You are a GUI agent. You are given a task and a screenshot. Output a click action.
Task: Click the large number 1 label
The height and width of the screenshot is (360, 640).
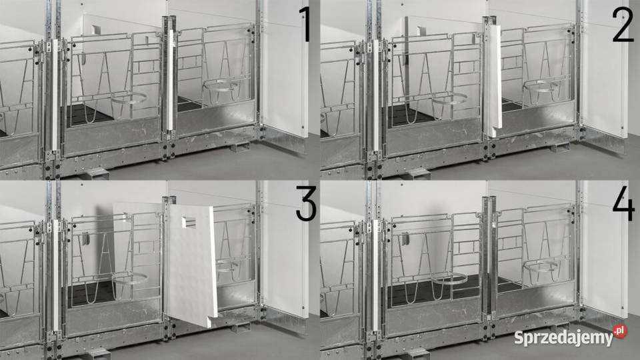pyautogui.click(x=305, y=25)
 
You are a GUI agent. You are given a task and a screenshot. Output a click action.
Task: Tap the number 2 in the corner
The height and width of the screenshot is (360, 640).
pyautogui.click(x=623, y=25)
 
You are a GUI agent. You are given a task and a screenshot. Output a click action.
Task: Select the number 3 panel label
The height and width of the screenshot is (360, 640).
pyautogui.click(x=306, y=204)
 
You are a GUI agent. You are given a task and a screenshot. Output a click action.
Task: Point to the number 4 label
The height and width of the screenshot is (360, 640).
pyautogui.click(x=623, y=205)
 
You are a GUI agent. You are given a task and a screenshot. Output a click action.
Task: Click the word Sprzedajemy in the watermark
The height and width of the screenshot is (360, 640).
pyautogui.click(x=564, y=338)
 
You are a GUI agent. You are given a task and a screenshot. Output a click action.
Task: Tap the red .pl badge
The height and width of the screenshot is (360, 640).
pyautogui.click(x=619, y=330)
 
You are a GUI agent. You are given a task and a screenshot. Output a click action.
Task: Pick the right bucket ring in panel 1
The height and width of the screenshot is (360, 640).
pyautogui.click(x=221, y=86)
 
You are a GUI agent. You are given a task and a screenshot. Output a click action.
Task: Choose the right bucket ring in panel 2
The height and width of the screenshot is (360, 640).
pyautogui.click(x=541, y=86)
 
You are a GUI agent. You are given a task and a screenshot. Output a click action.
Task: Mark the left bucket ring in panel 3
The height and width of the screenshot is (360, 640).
pyautogui.click(x=129, y=279)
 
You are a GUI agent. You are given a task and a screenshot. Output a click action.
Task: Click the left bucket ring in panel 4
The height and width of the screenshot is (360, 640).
pyautogui.click(x=449, y=279)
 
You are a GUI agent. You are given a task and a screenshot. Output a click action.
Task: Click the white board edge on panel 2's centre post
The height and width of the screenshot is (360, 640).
pyautogui.click(x=495, y=79)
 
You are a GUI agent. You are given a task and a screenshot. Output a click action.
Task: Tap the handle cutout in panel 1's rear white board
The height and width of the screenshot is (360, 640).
pyautogui.click(x=97, y=29)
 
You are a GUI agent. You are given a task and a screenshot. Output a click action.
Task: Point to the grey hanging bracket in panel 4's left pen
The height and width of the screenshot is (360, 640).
pyautogui.click(x=406, y=239)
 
